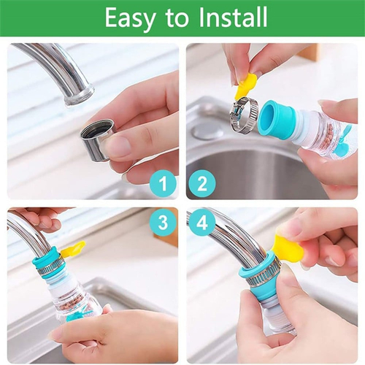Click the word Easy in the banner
pos(131,18)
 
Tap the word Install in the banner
pos(233,17)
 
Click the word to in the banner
pos(177,18)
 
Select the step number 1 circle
pos(163,183)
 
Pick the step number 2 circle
pos(202,183)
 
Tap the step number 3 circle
pos(163,223)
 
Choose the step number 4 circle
pos(202,223)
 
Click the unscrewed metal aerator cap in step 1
pos(98,139)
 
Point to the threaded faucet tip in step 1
pos(80,96)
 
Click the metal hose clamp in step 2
pos(244,115)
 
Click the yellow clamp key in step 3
pos(73,249)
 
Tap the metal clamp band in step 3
pos(50,267)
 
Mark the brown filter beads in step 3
pos(71,307)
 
